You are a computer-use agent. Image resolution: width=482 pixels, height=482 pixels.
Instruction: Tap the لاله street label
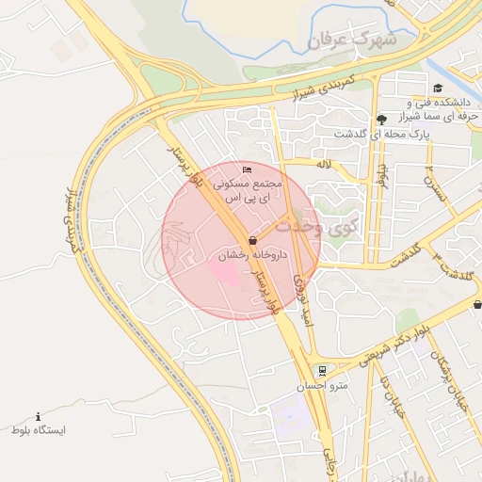[325, 164]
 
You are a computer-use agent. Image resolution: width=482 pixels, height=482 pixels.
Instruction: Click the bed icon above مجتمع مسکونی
[248, 169]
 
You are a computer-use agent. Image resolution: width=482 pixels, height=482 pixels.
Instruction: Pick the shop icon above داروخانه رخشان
[252, 241]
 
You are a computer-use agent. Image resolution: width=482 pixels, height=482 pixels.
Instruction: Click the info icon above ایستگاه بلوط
[38, 415]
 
